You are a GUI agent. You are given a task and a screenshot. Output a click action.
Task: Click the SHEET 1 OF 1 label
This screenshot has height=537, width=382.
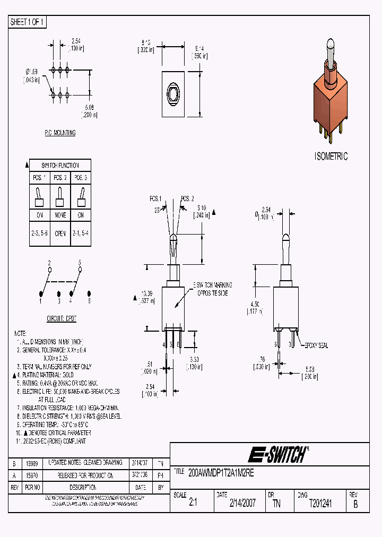coord(28,22)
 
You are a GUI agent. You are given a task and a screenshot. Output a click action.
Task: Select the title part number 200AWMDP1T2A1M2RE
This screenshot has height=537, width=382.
coord(222,473)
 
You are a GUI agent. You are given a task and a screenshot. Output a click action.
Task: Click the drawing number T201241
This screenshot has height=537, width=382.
coord(320,504)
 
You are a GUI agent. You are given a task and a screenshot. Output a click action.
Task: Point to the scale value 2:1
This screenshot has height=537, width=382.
coord(192,504)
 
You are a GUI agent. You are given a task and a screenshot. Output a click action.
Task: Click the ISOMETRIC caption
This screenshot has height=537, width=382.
coord(331,156)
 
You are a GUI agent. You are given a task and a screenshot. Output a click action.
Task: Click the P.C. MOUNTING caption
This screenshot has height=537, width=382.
coord(60,133)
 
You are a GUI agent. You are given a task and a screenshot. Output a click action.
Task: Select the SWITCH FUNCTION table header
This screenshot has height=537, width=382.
coord(60,165)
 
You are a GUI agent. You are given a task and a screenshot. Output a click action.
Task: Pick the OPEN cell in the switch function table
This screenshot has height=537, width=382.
coord(60,233)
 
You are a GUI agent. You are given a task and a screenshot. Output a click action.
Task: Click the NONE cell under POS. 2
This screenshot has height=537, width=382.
coord(60,215)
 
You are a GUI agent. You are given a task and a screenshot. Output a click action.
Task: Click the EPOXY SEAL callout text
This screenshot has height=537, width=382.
coord(315,345)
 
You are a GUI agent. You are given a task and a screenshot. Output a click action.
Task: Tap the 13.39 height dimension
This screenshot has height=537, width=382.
coord(147,295)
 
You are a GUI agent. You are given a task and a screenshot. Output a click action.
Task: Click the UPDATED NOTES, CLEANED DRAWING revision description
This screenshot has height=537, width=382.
coord(85,463)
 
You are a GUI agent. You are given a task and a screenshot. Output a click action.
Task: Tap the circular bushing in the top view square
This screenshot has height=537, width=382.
coord(173,94)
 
